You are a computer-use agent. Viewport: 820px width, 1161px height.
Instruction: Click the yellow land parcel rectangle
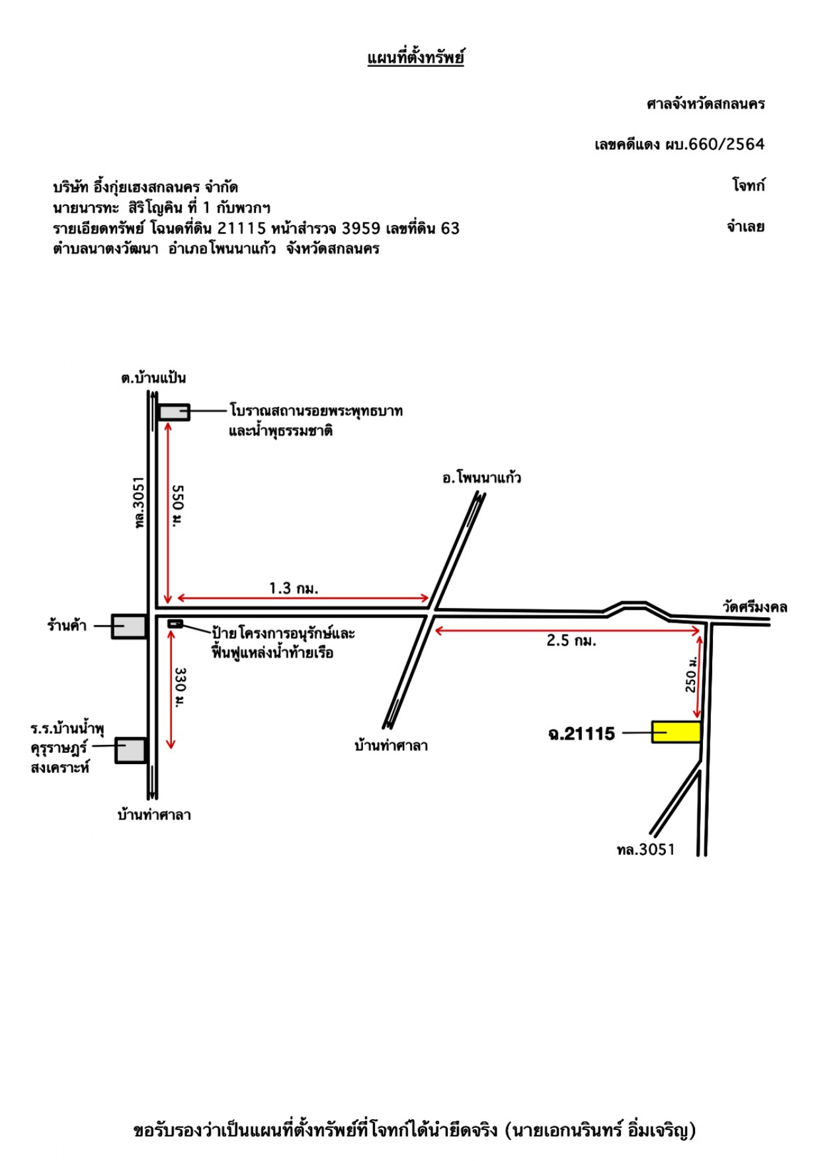pyautogui.click(x=676, y=732)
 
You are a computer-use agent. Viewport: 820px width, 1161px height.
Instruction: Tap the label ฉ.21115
pyautogui.click(x=581, y=734)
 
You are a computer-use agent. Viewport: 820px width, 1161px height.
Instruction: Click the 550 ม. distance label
pyautogui.click(x=178, y=506)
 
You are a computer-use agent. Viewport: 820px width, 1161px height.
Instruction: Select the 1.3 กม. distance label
pyautogui.click(x=294, y=588)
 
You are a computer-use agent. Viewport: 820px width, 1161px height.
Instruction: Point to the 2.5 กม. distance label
pyautogui.click(x=571, y=640)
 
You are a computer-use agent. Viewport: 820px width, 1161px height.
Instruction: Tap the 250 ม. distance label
pyautogui.click(x=691, y=675)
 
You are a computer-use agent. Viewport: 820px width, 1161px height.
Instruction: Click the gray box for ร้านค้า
pyautogui.click(x=129, y=626)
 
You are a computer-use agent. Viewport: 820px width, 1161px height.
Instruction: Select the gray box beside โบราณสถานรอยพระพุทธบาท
pyautogui.click(x=174, y=411)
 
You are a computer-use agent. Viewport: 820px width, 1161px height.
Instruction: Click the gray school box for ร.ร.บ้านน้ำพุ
pyautogui.click(x=130, y=750)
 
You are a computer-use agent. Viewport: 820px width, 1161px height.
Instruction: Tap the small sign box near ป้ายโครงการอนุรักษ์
pyautogui.click(x=175, y=623)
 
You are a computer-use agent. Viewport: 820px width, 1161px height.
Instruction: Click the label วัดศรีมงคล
pyautogui.click(x=755, y=607)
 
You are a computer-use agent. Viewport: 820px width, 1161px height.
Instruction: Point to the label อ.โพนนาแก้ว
pyautogui.click(x=481, y=477)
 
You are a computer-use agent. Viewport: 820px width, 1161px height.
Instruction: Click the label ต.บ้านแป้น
pyautogui.click(x=153, y=378)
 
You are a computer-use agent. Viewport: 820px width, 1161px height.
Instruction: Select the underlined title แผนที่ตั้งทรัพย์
pyautogui.click(x=415, y=58)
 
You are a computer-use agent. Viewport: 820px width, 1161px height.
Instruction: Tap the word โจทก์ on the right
pyautogui.click(x=749, y=185)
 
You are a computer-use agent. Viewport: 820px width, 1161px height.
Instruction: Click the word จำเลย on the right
pyautogui.click(x=746, y=226)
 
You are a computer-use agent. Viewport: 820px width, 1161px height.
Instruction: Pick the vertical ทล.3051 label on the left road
pyautogui.click(x=138, y=503)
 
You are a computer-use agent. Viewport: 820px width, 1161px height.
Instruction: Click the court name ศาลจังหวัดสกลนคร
pyautogui.click(x=706, y=104)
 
